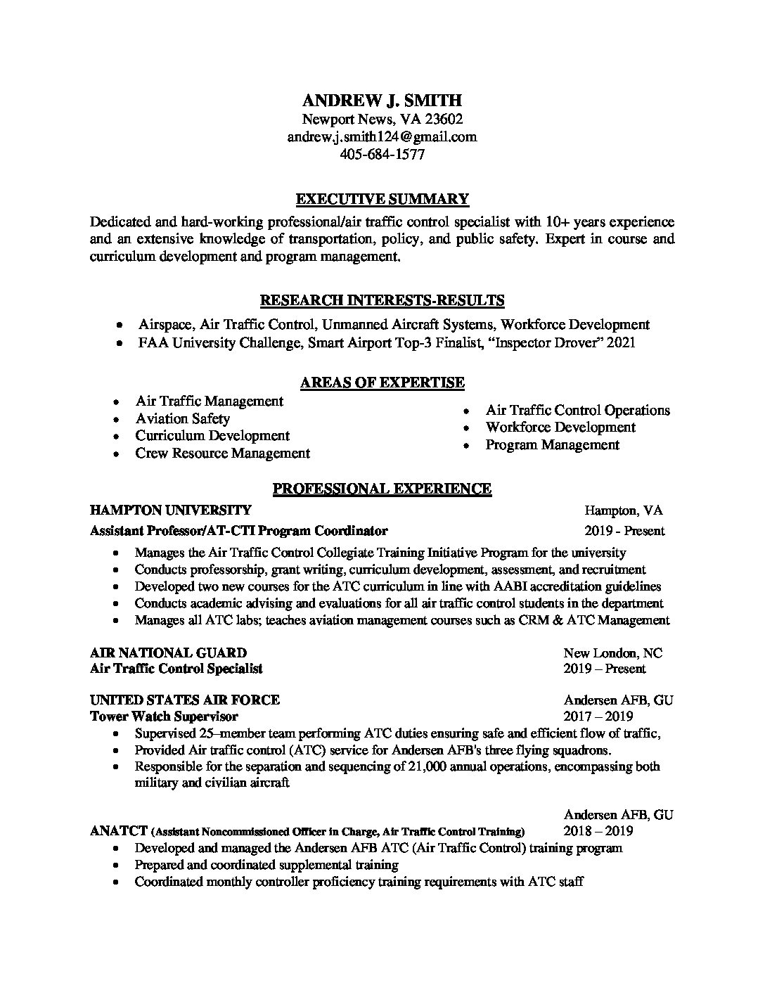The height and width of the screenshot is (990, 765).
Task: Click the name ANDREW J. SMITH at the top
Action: pos(382,101)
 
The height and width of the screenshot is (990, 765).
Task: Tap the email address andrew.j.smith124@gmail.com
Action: pos(382,137)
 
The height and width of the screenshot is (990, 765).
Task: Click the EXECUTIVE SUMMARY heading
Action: pos(382,199)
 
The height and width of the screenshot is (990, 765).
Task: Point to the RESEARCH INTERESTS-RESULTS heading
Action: pos(382,301)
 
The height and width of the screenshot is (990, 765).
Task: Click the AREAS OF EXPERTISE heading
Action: pos(382,383)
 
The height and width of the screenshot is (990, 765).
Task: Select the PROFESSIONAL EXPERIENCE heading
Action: pos(382,489)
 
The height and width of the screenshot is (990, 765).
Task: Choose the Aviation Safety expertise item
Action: pos(183,418)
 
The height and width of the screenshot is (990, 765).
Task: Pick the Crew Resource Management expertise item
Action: pos(222,454)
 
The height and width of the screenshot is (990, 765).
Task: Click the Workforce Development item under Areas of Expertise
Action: pos(560,427)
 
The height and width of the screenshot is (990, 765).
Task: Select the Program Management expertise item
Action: pos(553,445)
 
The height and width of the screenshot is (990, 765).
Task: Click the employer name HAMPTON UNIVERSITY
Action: pos(170,510)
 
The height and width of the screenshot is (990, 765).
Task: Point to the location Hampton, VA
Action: pos(623,511)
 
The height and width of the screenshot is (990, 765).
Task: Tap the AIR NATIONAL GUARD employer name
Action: pos(168,653)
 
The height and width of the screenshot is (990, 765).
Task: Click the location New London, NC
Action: pos(612,653)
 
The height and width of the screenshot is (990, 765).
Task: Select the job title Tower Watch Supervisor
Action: pos(164,717)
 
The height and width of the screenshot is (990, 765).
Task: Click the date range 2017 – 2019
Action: pos(598,717)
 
